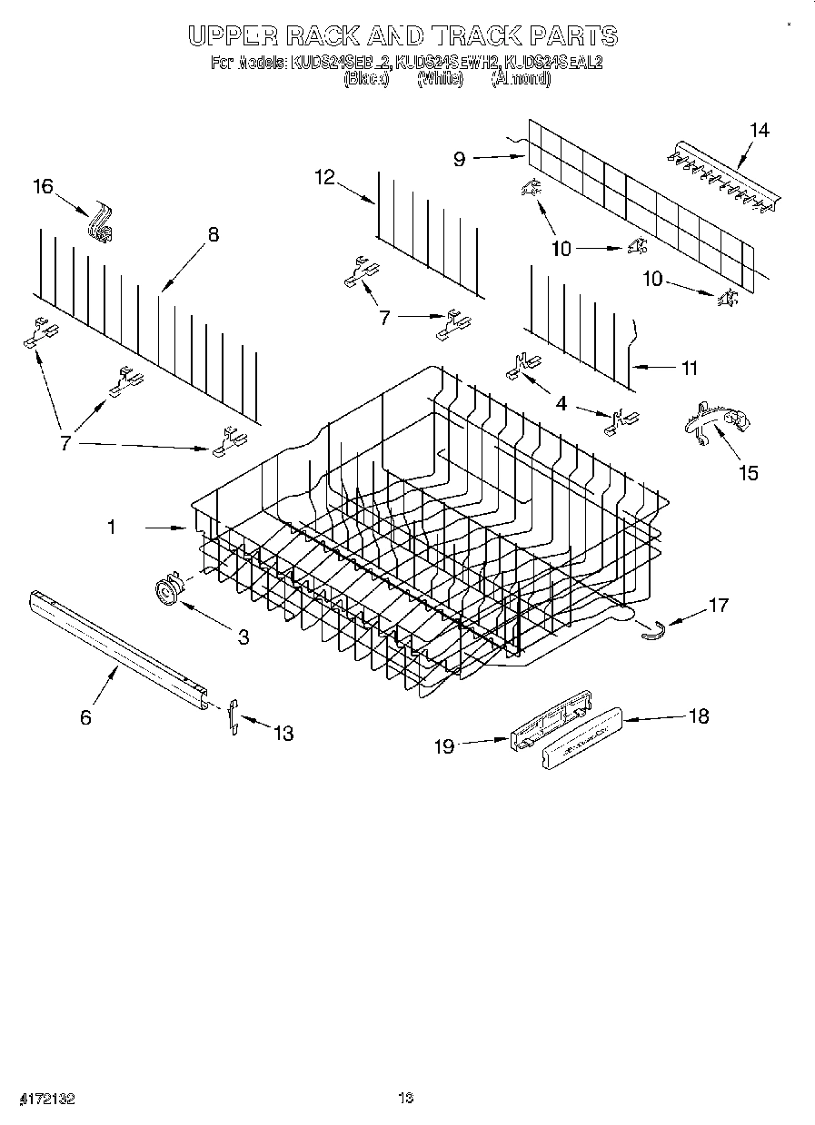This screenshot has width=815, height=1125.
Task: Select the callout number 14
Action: click(x=759, y=130)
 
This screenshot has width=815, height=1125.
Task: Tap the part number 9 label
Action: click(x=460, y=159)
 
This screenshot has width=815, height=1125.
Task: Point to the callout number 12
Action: click(x=325, y=177)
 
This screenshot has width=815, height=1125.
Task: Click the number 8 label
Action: click(x=214, y=234)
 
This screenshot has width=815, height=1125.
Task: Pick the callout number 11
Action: click(x=690, y=368)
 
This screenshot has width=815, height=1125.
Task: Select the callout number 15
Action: click(x=749, y=472)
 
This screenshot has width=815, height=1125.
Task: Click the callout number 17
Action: click(x=718, y=604)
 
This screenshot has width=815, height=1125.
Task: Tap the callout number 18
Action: click(x=699, y=715)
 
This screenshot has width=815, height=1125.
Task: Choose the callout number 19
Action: click(x=443, y=745)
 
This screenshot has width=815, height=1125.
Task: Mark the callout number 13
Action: click(x=283, y=733)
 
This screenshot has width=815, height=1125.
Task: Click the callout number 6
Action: click(x=85, y=717)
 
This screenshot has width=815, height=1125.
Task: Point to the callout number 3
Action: click(x=244, y=637)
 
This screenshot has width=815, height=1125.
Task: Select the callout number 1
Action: click(x=112, y=526)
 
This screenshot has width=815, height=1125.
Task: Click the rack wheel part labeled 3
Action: click(x=166, y=591)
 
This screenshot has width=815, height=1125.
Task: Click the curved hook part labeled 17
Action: click(x=651, y=627)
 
